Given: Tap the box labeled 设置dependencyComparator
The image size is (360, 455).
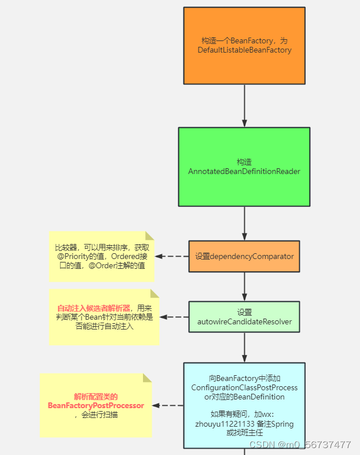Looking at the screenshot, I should tap(244, 256).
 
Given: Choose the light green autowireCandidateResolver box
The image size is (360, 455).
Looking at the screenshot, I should tap(244, 316).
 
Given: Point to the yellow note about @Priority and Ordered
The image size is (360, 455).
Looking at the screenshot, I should tap(101, 256).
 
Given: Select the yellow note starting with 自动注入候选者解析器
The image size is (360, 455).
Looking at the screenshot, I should tap(104, 317).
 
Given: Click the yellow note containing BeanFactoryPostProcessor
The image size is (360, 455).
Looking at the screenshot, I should tap(96, 405).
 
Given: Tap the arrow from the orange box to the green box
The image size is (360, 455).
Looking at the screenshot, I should tap(244, 106).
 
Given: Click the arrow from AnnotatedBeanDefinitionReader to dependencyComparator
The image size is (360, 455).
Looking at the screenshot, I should tap(244, 223).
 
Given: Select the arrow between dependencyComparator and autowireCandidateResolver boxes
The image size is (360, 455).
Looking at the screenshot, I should tap(244, 286).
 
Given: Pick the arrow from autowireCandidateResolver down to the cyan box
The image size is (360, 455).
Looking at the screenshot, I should tap(244, 347).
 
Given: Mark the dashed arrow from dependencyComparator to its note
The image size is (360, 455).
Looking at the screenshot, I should tap(172, 256).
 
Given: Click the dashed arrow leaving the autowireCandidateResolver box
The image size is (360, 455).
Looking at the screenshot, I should tap(174, 317).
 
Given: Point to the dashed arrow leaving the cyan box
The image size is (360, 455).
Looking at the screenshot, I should tap(172, 405).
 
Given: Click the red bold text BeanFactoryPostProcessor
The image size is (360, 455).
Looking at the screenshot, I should tap(96, 405).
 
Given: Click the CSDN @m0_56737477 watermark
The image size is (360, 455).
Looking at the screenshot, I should tap(300, 445).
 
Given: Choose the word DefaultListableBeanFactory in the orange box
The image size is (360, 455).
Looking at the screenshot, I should tap(244, 50).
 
